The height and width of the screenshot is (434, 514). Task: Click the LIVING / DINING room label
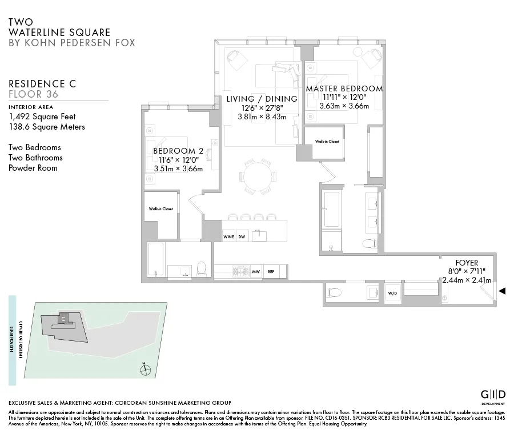262,99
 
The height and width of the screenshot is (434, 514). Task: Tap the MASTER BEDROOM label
344,89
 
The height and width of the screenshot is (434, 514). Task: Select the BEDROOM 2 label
178,150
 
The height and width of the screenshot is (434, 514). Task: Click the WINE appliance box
228,236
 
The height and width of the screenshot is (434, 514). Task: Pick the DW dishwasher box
242,236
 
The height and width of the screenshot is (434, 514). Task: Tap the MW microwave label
256,272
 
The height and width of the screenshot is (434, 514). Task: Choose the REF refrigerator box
271,272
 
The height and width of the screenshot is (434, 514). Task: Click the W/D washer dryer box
392,294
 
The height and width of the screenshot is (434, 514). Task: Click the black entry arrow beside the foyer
502,291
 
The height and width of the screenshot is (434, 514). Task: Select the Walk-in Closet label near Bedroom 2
161,209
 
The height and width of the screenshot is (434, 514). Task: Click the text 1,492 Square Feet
42,116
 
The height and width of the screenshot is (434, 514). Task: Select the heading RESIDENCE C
42,83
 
